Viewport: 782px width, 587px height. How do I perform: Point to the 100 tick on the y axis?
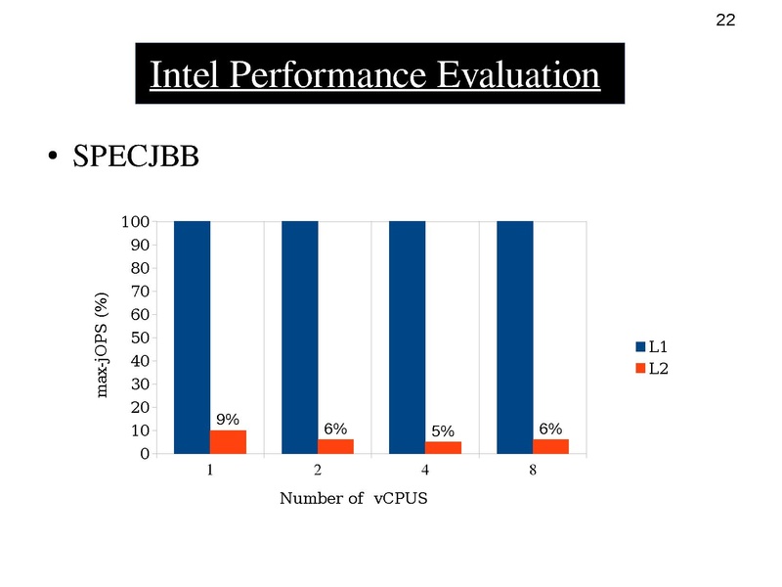pos(135,222)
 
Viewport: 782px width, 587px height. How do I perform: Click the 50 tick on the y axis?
pos(139,339)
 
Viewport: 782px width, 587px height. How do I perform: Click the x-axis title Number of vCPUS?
pos(355,499)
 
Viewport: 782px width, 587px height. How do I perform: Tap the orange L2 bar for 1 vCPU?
pos(228,441)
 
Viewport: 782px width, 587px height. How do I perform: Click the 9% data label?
pos(229,420)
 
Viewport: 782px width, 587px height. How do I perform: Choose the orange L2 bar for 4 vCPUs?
pos(443,447)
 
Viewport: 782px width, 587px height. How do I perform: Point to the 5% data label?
pos(443,430)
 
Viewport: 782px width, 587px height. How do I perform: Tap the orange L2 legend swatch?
pos(641,368)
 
